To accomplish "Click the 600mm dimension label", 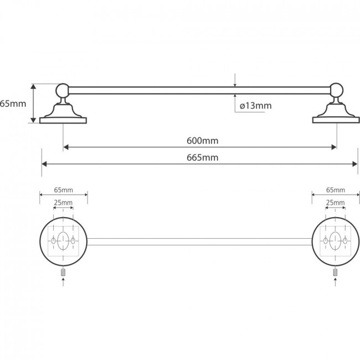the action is click(x=202, y=141).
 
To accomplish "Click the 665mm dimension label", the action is click(x=202, y=157).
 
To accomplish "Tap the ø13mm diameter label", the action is click(x=255, y=106).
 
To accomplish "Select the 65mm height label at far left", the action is click(x=13, y=104).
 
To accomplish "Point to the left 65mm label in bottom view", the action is click(x=64, y=190).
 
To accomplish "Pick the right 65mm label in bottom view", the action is click(x=336, y=190).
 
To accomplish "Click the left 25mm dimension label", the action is click(x=63, y=203).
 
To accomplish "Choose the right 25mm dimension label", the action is click(x=336, y=203).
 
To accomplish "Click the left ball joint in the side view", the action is click(x=63, y=90).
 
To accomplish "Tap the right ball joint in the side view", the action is click(x=337, y=90).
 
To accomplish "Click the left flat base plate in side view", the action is click(x=63, y=121).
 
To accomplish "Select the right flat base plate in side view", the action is click(x=336, y=120).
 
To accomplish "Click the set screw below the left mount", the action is click(x=63, y=272).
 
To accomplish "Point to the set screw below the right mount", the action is click(x=336, y=272).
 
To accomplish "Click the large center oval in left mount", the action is click(x=63, y=241).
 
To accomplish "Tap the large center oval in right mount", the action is click(x=335, y=241).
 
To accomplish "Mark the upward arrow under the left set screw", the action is click(x=63, y=282).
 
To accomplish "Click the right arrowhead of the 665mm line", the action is click(x=355, y=164).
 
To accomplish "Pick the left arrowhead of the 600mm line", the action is click(x=66, y=147).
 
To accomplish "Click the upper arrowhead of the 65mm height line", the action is click(x=34, y=86).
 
